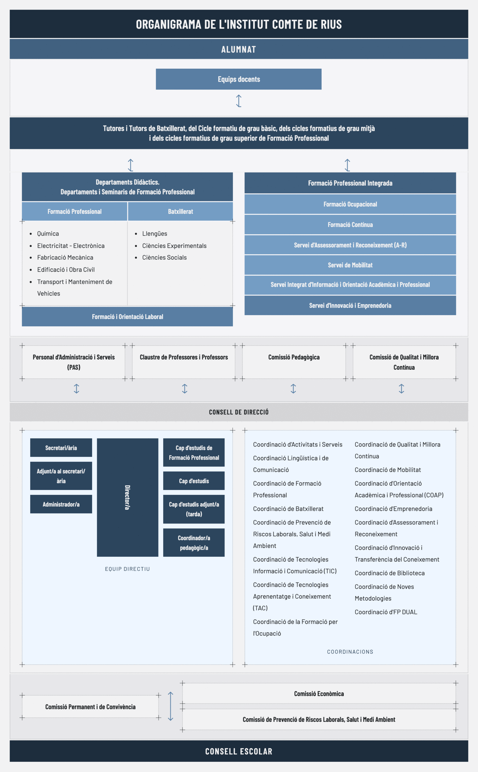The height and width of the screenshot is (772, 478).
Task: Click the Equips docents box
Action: click(239, 79)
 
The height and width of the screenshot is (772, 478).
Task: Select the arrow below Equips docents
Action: click(239, 101)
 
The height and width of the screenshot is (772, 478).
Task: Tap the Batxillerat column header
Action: click(180, 211)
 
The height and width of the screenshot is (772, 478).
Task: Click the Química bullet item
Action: click(48, 233)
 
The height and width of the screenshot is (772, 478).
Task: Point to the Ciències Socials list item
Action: click(164, 258)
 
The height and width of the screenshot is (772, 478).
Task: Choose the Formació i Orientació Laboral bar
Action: click(127, 317)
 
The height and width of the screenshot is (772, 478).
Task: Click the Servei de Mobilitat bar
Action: click(350, 265)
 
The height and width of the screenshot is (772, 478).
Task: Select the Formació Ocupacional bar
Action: click(350, 204)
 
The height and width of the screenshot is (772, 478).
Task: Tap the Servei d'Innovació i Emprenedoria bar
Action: click(350, 305)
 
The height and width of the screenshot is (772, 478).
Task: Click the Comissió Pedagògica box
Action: click(294, 362)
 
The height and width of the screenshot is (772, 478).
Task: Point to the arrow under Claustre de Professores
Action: click(185, 388)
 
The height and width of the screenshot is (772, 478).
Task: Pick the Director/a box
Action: click(127, 498)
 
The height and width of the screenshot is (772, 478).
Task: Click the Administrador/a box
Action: click(61, 504)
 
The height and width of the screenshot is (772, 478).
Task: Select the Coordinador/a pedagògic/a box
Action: click(194, 543)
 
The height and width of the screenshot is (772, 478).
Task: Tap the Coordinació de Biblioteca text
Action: click(390, 573)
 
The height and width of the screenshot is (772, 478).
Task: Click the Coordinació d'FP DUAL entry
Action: click(386, 612)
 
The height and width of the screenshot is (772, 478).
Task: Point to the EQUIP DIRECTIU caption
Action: click(127, 569)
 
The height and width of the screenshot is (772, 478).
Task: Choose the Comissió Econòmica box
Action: click(319, 694)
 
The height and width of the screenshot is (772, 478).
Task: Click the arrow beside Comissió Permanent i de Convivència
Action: click(170, 706)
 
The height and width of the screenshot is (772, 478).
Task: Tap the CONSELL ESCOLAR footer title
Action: click(239, 751)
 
